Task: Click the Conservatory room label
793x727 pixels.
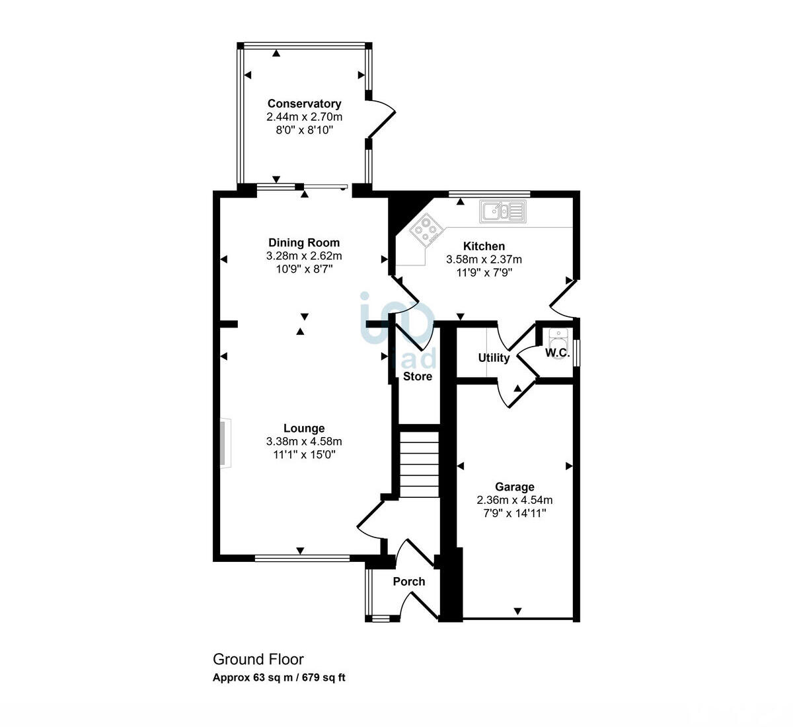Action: tap(304, 104)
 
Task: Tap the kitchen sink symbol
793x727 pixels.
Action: tap(502, 212)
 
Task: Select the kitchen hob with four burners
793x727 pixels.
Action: tap(426, 230)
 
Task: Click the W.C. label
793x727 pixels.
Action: tap(557, 353)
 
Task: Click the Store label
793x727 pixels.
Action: tap(418, 376)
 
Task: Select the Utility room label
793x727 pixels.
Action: tap(494, 358)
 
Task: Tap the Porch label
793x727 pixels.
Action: tap(409, 582)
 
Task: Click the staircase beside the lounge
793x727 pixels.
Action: tap(419, 465)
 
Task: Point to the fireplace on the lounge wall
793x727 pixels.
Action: tap(225, 443)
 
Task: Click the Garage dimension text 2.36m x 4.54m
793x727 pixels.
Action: tap(515, 500)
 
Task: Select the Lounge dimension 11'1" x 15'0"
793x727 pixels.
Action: tap(304, 454)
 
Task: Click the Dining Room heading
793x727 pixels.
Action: tap(304, 242)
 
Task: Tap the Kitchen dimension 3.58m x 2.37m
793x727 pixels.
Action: tap(484, 260)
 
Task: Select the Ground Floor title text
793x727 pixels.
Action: tap(258, 659)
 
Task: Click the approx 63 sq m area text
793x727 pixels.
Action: tap(278, 677)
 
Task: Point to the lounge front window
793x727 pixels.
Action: tap(302, 559)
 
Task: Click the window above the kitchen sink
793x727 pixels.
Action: tap(489, 193)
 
